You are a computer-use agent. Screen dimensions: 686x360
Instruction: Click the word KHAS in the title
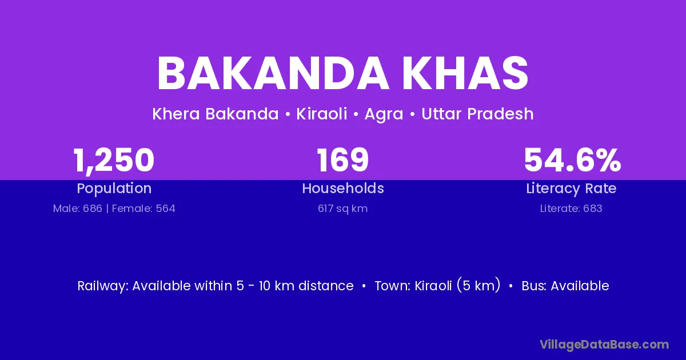465,73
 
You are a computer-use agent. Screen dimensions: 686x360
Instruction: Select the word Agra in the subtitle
384,114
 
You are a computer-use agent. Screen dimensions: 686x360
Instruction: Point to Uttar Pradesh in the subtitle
477,114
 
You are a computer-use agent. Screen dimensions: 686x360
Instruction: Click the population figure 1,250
114,161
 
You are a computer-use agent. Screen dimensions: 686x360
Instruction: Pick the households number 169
342,160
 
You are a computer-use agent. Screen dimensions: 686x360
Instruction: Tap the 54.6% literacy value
572,160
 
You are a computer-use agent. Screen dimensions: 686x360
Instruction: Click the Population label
114,189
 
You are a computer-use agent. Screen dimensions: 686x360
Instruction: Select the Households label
343,188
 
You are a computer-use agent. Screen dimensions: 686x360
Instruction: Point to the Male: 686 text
78,209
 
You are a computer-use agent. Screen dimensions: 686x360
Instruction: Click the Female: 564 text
143,209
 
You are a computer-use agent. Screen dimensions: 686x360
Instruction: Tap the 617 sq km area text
342,209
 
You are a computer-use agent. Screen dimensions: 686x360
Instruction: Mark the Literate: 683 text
571,209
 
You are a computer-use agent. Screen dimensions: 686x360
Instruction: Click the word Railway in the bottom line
103,286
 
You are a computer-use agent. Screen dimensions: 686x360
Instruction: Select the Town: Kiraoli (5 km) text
438,286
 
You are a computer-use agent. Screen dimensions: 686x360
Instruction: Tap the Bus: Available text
565,286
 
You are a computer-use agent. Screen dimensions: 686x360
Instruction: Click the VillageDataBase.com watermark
604,345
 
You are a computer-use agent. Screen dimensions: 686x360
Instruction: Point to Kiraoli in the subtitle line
321,114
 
